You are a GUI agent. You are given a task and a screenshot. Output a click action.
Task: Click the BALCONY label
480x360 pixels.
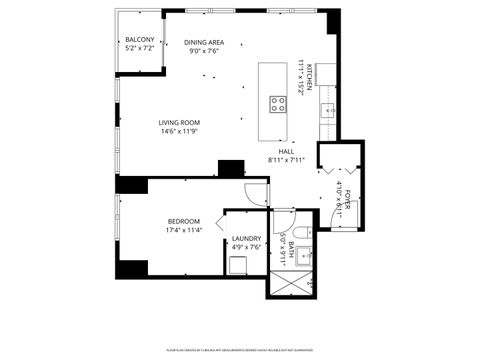pos(139,40)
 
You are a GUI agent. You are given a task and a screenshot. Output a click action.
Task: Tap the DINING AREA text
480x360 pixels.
pos(204,42)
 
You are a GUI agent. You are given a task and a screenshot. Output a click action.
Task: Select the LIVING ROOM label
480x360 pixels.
pos(179,123)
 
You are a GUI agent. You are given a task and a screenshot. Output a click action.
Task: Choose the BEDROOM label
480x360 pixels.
pos(184,221)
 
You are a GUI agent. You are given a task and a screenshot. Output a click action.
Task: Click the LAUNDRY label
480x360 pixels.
pos(246,238)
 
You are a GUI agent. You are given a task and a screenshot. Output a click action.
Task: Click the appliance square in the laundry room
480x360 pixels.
pos(239,265)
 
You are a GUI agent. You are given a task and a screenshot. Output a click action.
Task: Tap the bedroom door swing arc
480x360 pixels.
pos(258,195)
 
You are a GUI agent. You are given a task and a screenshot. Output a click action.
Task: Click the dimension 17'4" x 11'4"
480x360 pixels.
pos(184,230)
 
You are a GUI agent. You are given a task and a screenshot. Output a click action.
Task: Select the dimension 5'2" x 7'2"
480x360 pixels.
pos(139,48)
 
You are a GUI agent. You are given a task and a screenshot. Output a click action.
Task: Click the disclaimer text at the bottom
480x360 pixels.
pos(240,350)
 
